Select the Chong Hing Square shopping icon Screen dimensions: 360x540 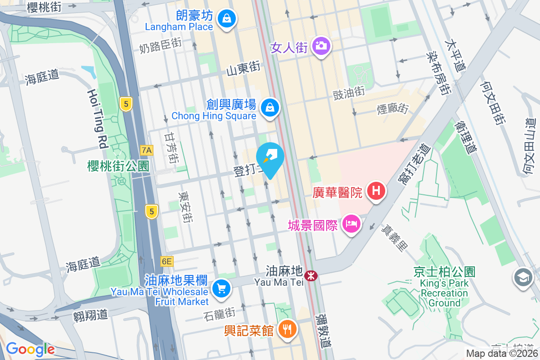270,108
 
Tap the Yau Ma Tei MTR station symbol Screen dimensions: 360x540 310,275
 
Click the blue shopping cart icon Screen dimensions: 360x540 220,288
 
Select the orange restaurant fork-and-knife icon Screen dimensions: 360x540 287,329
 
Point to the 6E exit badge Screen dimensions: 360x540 166,261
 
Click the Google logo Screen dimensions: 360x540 30,349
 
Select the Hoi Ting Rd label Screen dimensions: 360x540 98,118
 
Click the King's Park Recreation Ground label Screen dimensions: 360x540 444,288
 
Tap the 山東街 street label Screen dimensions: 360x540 243,68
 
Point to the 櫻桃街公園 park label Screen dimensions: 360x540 118,166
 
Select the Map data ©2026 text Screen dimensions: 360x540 502,354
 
